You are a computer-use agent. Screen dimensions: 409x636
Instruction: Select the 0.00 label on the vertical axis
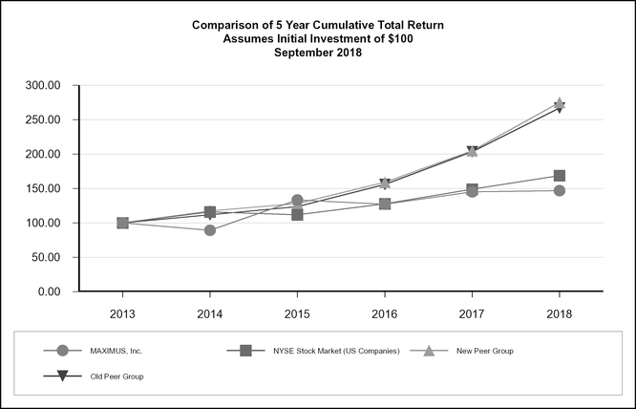coord(47,291)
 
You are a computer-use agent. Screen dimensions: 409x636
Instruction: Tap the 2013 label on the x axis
coord(122,312)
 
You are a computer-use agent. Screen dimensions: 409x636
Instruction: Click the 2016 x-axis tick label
coord(384,312)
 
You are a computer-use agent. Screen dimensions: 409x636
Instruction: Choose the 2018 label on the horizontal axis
coord(559,312)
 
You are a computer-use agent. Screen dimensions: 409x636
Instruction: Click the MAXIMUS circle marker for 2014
coord(209,230)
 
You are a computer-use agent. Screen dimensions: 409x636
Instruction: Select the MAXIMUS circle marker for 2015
coord(297,201)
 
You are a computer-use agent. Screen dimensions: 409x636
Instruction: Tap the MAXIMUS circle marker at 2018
coord(559,190)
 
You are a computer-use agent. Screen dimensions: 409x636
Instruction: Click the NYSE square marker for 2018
coord(559,176)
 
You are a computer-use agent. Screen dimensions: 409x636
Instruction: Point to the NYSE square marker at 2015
coord(297,215)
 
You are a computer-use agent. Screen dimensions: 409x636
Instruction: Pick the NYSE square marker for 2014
coord(209,211)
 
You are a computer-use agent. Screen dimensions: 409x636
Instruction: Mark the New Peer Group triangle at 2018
coord(559,103)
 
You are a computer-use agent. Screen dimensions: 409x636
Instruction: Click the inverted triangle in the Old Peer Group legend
coord(62,377)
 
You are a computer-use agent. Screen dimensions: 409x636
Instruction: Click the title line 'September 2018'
coord(318,53)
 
